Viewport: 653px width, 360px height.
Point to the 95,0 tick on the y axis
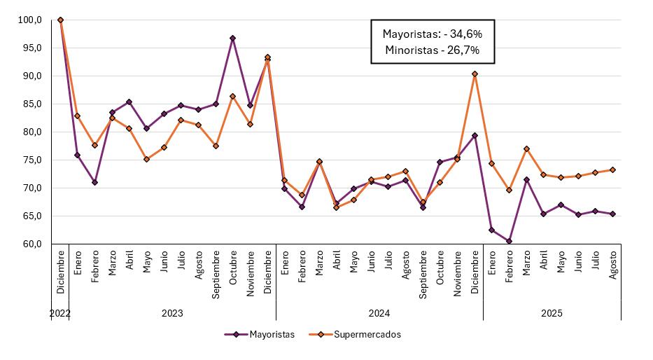30,48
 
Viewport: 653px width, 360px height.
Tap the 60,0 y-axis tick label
30,244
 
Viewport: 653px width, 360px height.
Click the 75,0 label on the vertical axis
30,160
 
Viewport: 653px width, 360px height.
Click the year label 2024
379,313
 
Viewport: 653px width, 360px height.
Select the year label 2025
552,313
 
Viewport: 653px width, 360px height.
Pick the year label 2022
60,313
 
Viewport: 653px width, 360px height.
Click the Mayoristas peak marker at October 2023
232,38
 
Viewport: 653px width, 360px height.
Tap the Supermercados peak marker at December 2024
475,74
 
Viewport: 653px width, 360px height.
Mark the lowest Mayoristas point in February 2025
509,241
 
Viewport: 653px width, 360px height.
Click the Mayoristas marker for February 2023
94,182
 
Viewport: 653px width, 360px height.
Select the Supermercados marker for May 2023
146,159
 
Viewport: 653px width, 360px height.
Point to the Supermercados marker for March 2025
526,148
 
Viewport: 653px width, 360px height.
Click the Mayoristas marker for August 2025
613,214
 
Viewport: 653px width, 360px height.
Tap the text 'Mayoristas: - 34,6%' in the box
432,33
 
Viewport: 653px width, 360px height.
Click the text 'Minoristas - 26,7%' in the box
432,50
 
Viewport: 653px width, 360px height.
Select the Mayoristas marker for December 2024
475,135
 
